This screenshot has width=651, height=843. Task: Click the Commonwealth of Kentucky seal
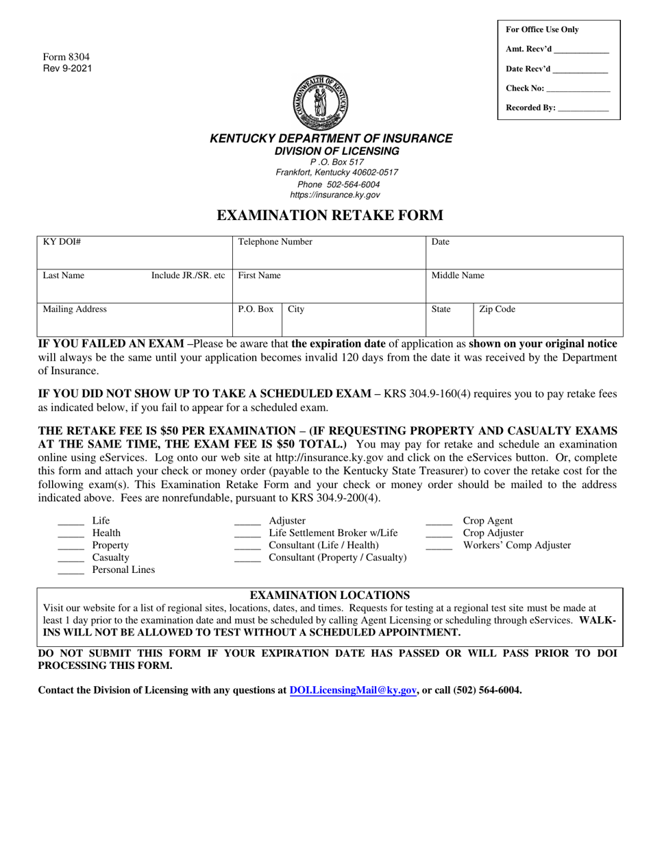coord(321,103)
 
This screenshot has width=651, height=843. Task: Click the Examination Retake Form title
coord(330,215)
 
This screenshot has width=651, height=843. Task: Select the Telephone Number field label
coord(275,242)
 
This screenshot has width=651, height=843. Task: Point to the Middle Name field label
coord(457,276)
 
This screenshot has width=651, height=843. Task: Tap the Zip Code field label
coord(497,310)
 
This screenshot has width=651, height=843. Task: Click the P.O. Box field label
coord(256,310)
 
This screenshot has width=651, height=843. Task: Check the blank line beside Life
coord(71,524)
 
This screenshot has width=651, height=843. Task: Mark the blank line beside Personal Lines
coord(71,574)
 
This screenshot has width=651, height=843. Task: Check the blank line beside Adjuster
coord(247,524)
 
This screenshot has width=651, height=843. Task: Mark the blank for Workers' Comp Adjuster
coord(439,549)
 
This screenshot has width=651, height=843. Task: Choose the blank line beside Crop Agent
coord(439,524)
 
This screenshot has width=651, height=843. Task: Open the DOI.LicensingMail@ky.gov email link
coord(353,691)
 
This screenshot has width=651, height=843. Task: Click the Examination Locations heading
coord(330,595)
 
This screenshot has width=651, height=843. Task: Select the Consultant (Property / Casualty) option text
coord(337,558)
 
